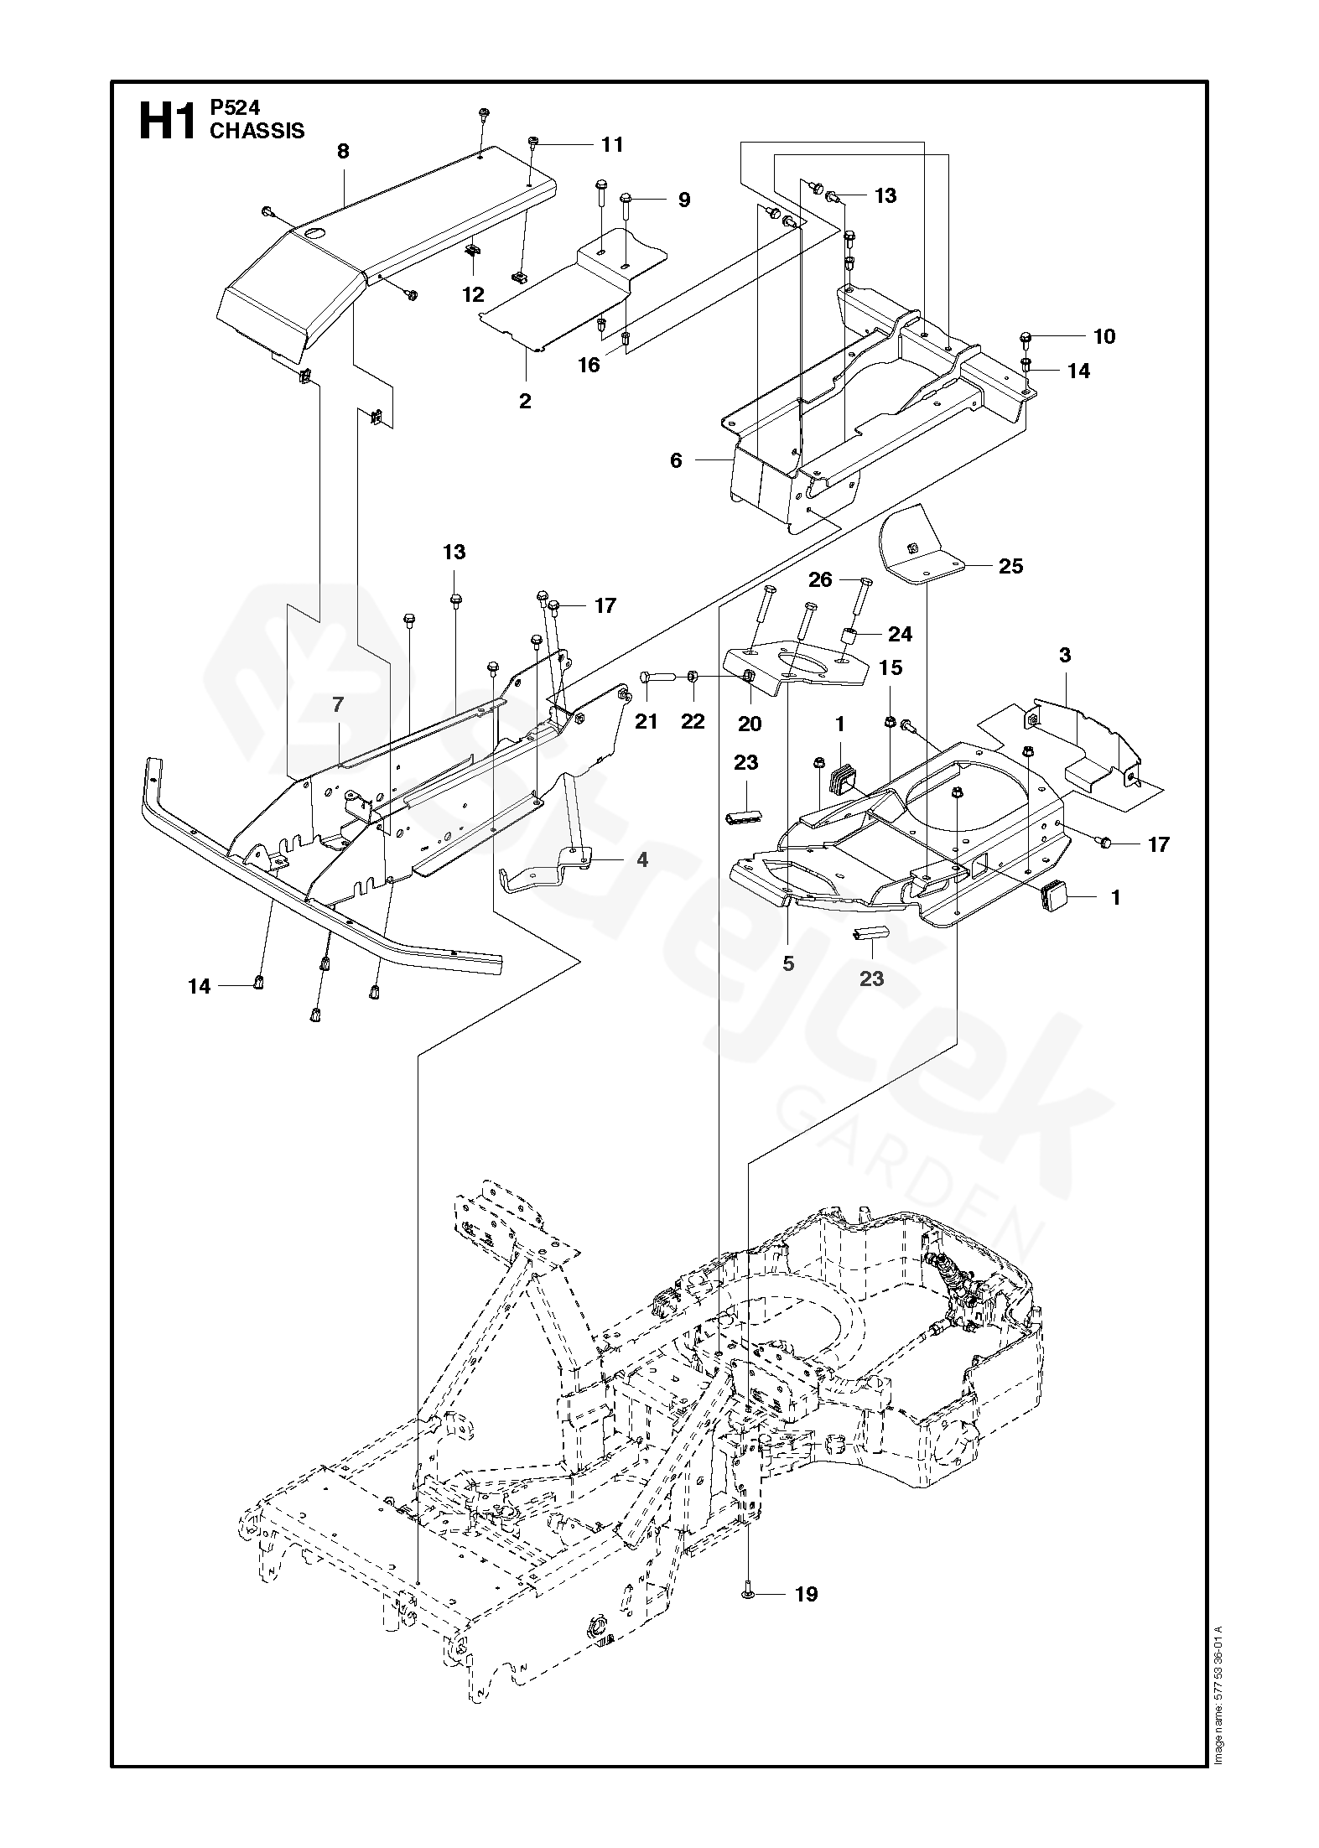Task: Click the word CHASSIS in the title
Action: click(x=257, y=131)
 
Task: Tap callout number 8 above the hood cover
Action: click(x=342, y=152)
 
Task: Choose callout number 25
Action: click(x=1011, y=566)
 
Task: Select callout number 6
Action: click(x=676, y=460)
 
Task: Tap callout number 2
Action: click(x=525, y=401)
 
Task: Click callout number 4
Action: click(x=641, y=859)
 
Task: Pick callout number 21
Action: click(x=646, y=721)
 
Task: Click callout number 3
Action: click(x=1064, y=655)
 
